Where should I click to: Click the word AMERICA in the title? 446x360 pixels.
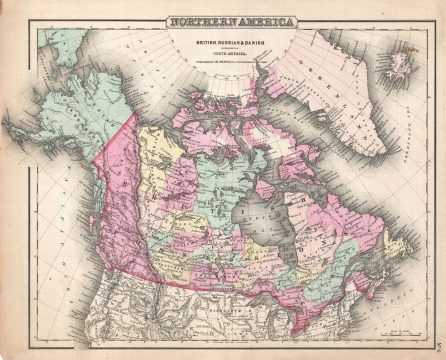250,22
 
